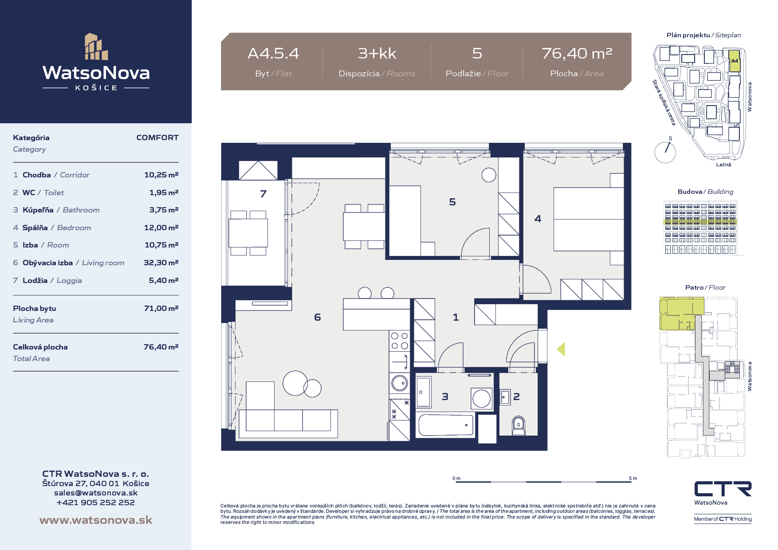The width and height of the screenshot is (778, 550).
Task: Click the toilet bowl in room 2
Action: click(x=518, y=426)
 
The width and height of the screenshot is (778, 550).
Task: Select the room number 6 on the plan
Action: click(x=317, y=317)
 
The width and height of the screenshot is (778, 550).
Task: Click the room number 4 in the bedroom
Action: click(x=538, y=219)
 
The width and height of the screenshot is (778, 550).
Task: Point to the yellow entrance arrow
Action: click(x=561, y=349)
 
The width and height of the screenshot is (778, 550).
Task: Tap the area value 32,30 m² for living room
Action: click(x=161, y=263)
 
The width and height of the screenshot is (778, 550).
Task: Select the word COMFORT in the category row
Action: click(x=157, y=137)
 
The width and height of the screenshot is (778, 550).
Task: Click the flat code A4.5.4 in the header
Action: click(x=273, y=53)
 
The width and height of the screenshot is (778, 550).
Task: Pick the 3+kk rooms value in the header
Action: click(x=377, y=53)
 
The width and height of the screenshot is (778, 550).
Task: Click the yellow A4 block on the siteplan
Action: click(x=735, y=62)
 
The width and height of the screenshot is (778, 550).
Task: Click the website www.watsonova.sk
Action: click(x=96, y=520)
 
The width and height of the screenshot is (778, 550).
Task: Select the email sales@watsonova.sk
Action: click(x=96, y=493)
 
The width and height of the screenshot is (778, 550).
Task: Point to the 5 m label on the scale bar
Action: click(x=633, y=478)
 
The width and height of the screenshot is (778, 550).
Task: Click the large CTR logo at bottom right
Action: click(x=723, y=489)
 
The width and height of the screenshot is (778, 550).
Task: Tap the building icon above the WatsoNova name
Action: click(x=96, y=47)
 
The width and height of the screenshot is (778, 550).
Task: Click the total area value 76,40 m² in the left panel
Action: click(x=161, y=347)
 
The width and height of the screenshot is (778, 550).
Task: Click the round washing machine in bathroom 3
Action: click(x=481, y=398)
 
